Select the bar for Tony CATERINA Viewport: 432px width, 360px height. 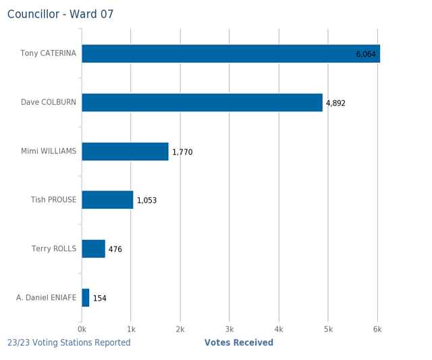point(230,53)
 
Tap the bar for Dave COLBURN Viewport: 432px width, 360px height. point(202,103)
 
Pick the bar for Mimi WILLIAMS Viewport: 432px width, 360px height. point(125,151)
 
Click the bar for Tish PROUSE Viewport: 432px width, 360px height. point(107,200)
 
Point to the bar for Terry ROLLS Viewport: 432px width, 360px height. point(93,249)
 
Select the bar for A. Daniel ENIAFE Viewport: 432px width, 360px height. point(86,298)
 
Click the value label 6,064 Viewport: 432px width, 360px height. point(366,54)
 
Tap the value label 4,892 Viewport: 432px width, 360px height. point(335,103)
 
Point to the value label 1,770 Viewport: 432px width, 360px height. point(182,152)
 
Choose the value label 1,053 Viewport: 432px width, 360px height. point(146,201)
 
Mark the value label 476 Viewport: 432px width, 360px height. point(115,249)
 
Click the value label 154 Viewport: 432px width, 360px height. point(100,299)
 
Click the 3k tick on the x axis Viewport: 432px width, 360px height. point(230,329)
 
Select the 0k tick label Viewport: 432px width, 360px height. point(82,329)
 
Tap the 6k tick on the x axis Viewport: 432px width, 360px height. point(377,329)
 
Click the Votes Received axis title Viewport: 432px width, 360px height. point(239,342)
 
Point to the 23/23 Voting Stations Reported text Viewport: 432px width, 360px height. point(69,342)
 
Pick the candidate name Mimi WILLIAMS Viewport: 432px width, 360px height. point(49,151)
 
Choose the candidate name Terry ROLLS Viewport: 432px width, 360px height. point(54,249)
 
